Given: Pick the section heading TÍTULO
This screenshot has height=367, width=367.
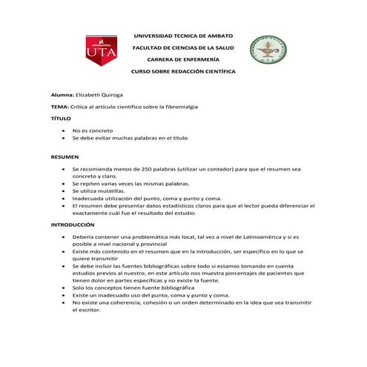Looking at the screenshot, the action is coord(61,119).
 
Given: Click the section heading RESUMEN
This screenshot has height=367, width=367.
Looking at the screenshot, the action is coord(64,157).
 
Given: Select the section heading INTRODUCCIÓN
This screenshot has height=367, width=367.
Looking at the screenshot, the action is coord(73,224).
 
